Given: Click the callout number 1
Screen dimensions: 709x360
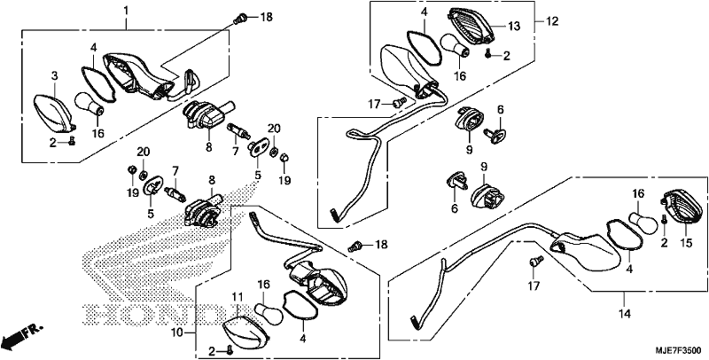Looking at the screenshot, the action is (126, 10).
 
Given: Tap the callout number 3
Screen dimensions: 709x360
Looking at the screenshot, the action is (55, 75).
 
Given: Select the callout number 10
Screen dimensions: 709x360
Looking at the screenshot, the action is (178, 333).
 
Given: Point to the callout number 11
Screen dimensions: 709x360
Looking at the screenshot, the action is (238, 297).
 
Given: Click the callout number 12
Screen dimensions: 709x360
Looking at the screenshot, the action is (552, 20).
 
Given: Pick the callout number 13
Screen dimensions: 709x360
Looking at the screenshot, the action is (514, 27).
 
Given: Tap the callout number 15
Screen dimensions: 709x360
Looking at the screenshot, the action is (686, 243).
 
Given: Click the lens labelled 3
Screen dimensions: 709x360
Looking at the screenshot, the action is (54, 111).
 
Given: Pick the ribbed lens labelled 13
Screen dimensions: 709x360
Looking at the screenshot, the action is (471, 27).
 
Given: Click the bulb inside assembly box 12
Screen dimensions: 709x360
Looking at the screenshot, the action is (456, 47).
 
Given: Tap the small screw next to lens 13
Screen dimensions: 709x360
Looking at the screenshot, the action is (489, 53).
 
